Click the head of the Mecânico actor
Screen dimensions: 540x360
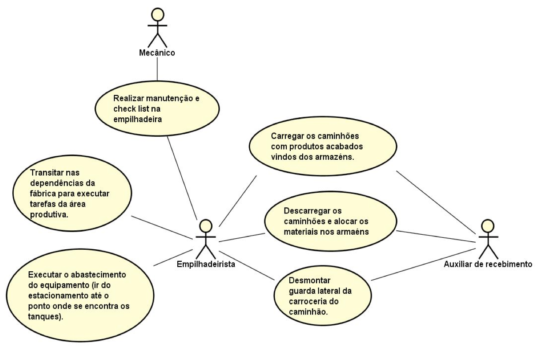point(157,15)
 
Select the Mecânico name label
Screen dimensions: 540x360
point(157,53)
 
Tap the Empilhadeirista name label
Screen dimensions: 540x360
point(206,264)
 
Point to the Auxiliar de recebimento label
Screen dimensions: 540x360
point(488,264)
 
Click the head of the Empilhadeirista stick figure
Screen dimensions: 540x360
point(206,226)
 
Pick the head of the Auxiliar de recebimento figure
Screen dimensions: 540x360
point(487,226)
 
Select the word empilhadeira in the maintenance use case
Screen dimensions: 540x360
point(137,120)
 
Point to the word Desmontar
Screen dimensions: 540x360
point(310,281)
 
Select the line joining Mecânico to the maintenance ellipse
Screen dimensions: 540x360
point(157,69)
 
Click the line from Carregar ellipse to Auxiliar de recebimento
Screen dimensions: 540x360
point(436,202)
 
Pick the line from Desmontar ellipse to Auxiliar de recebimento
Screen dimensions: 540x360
point(424,264)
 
